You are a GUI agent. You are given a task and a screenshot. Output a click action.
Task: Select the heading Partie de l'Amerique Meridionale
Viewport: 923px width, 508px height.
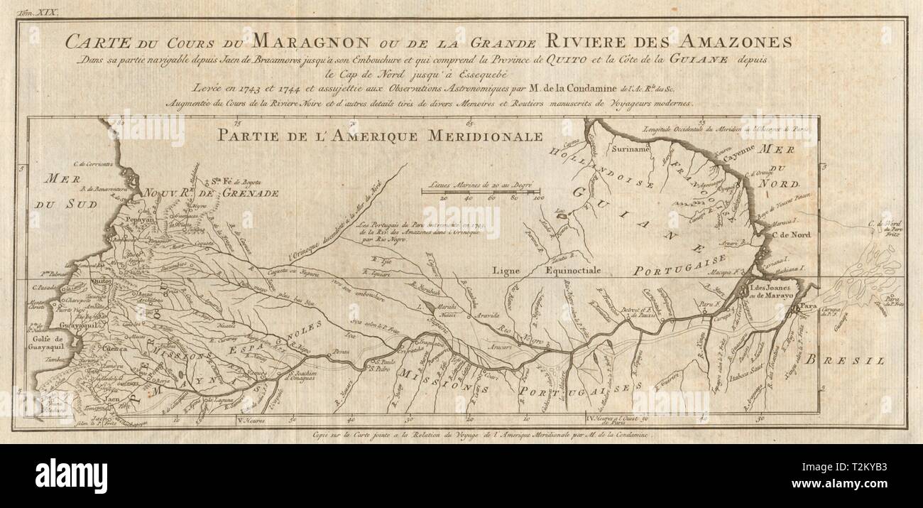(x=380, y=136)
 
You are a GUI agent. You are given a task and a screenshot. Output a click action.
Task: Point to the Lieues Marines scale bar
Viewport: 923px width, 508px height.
(x=480, y=190)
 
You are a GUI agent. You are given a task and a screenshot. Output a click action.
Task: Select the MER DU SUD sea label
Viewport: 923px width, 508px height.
(x=59, y=192)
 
